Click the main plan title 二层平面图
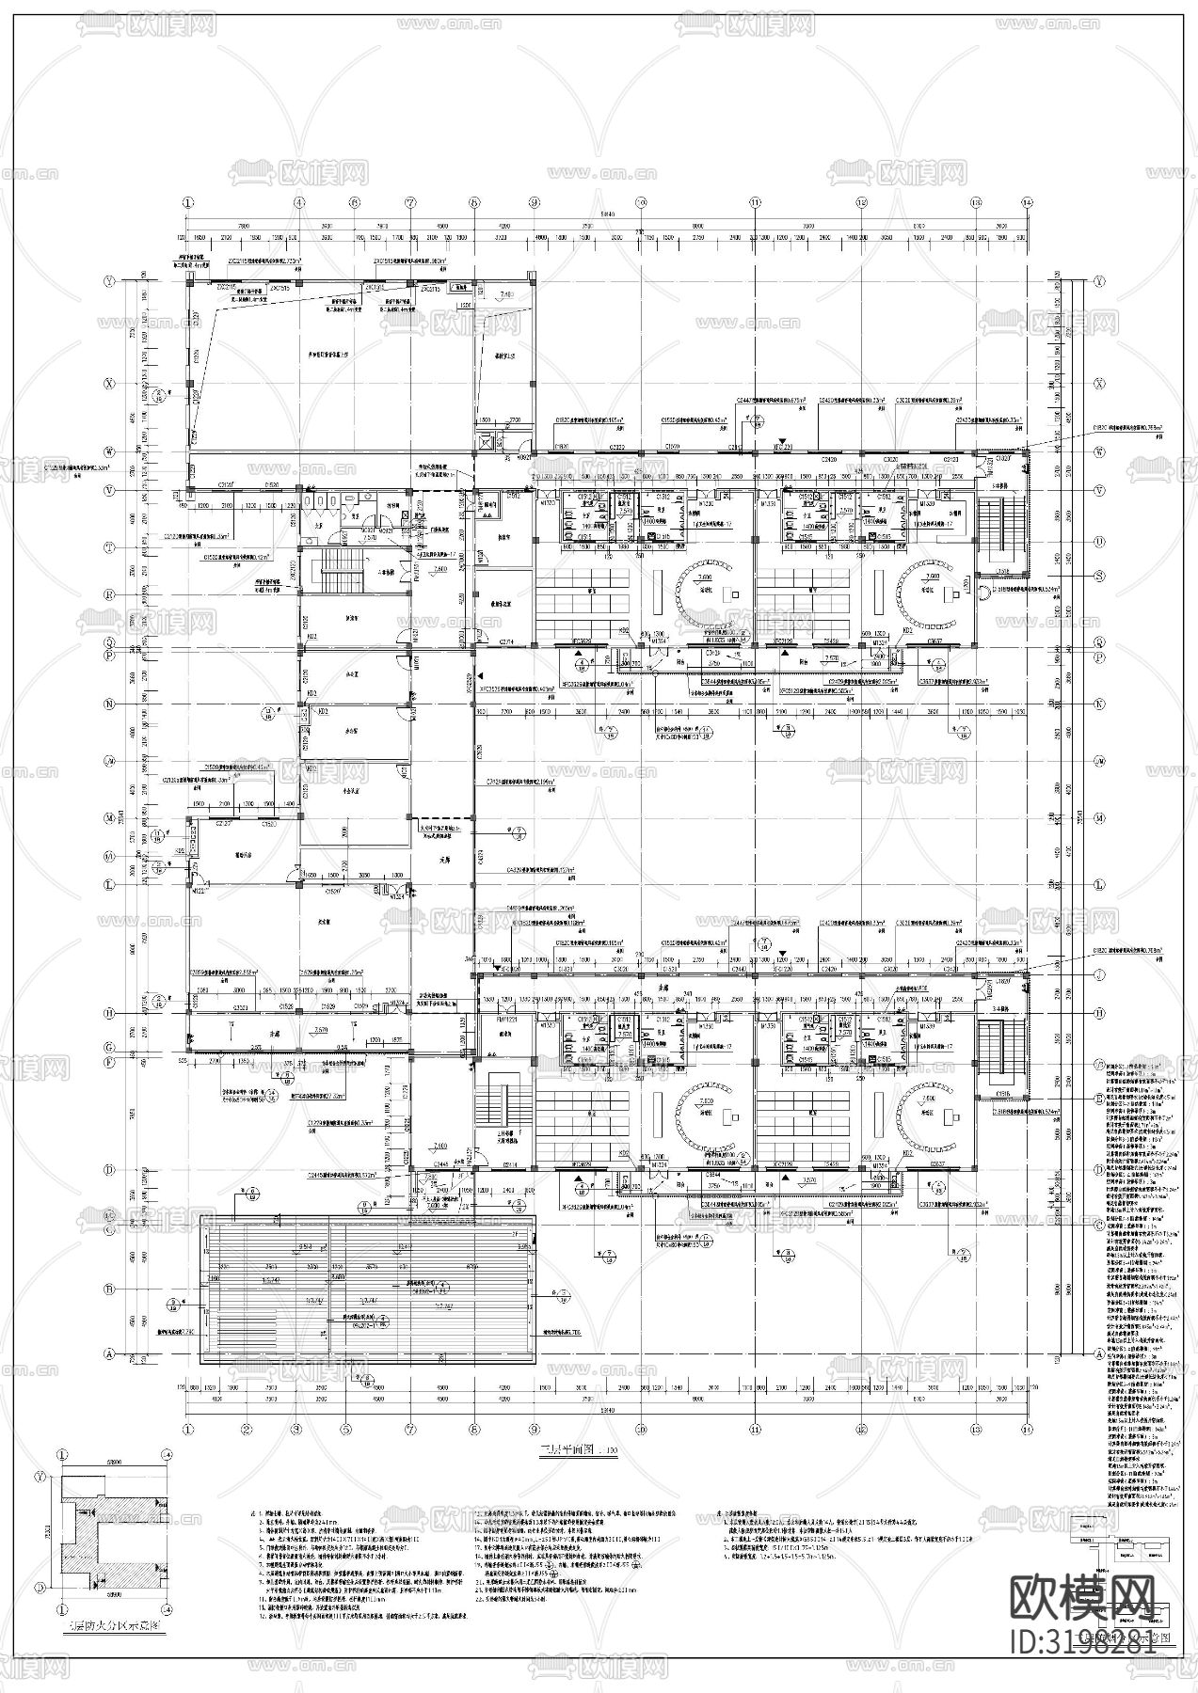point(563,1450)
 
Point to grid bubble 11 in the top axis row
point(755,202)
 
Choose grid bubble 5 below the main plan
point(355,1428)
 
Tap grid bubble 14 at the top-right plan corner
point(1028,202)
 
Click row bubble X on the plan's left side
point(110,384)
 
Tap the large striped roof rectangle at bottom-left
point(367,1290)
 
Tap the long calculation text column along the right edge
point(1139,1270)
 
